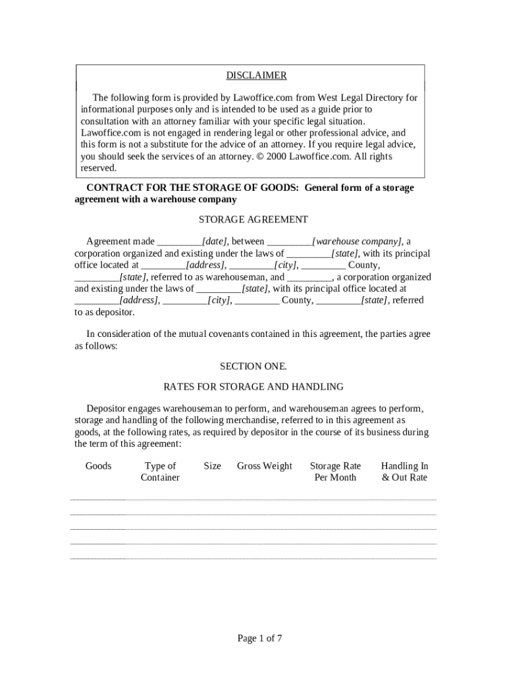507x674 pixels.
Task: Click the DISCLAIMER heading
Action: coord(256,76)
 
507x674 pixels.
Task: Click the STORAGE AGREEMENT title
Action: coord(253,219)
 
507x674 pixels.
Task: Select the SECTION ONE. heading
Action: coord(253,366)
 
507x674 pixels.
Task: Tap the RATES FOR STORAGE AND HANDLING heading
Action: coord(253,386)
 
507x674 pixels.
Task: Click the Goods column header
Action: coord(99,466)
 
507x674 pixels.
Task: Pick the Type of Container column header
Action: coord(160,471)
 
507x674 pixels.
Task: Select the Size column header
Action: coord(212,466)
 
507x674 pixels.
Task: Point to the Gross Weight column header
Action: coord(264,466)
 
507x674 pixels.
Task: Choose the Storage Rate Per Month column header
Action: coord(335,471)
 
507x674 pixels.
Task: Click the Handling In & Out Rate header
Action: coord(404,471)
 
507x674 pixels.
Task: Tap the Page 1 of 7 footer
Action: coord(260,638)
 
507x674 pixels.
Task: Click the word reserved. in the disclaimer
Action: coord(98,168)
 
